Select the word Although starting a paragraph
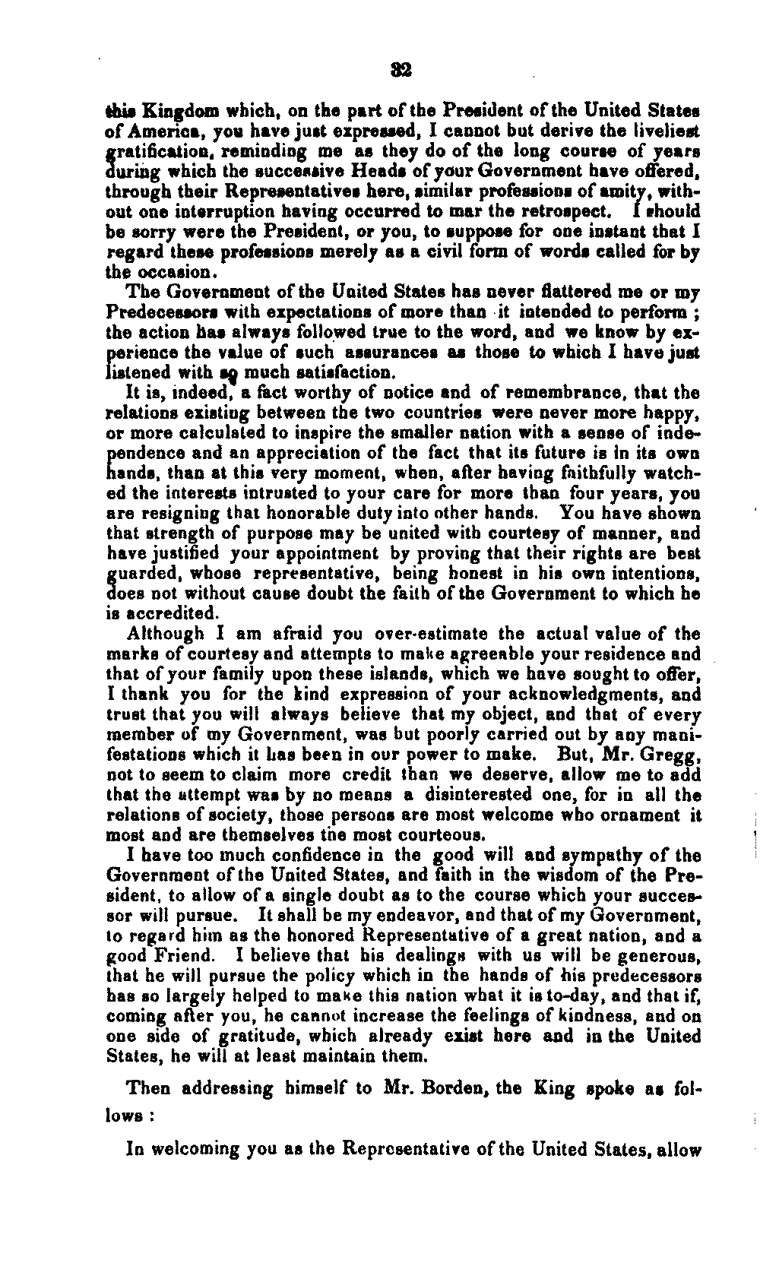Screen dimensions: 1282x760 pyautogui.click(x=165, y=634)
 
